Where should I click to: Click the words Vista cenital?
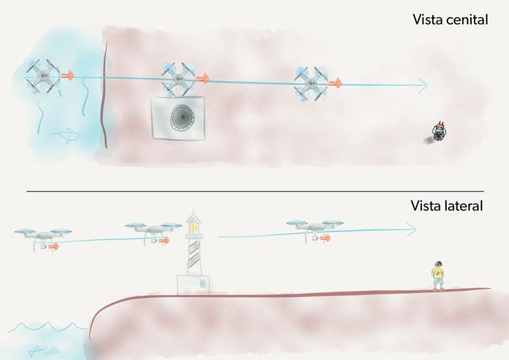pos(450,19)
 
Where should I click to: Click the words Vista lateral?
pos(447,206)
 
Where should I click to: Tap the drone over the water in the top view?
pos(42,76)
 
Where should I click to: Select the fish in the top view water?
pos(67,135)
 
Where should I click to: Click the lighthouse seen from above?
pos(178,117)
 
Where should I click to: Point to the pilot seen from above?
pos(438,133)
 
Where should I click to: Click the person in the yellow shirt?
pos(438,276)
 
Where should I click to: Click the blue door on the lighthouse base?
pos(203,283)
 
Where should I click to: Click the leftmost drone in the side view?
pos(43,238)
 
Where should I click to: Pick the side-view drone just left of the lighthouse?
pos(154,233)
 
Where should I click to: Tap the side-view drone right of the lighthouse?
pos(314,231)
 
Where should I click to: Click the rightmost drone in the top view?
pos(312,84)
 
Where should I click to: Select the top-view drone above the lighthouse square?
pos(178,79)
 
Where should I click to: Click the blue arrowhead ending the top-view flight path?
pos(423,85)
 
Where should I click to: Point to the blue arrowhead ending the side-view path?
pos(411,229)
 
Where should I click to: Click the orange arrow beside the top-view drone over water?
pos(68,75)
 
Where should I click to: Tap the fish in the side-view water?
pos(38,350)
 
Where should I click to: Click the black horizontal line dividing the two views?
pos(255,191)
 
